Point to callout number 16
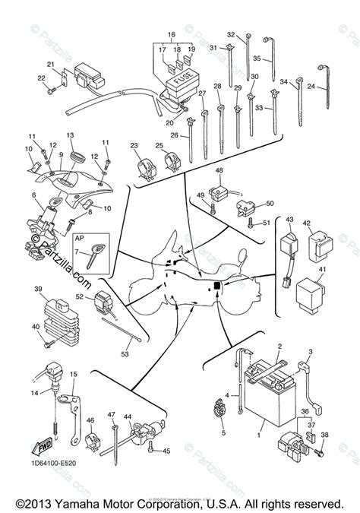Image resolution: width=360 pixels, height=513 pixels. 170,35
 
